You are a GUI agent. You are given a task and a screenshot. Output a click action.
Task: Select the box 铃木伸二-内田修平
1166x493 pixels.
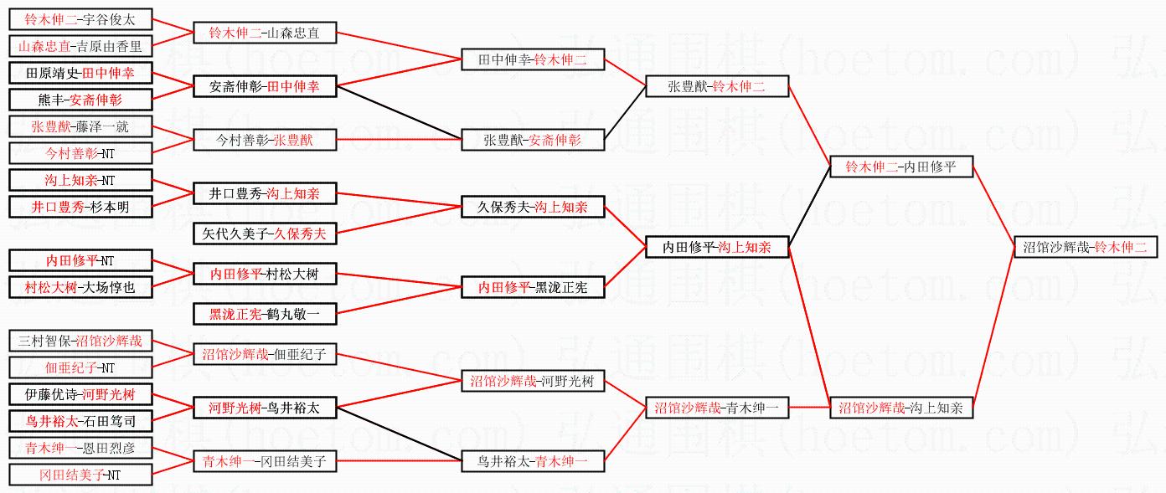coord(900,167)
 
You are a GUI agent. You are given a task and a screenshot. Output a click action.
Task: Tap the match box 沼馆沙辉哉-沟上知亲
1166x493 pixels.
coord(900,408)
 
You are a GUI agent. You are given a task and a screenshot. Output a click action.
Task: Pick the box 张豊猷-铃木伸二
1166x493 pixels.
coord(716,86)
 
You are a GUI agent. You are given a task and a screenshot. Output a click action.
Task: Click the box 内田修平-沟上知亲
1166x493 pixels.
coord(716,248)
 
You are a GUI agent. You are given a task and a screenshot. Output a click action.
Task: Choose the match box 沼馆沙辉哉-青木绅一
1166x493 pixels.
coord(716,408)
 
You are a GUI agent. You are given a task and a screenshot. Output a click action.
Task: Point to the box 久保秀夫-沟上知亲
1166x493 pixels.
coord(533,207)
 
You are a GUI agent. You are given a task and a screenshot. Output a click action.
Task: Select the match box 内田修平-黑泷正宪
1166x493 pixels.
coord(533,287)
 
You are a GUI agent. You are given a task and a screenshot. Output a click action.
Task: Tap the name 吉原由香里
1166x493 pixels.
coord(109,46)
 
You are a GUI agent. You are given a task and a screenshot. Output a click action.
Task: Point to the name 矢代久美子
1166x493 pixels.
coord(233,234)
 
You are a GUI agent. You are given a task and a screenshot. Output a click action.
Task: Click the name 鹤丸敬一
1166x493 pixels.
coord(288,315)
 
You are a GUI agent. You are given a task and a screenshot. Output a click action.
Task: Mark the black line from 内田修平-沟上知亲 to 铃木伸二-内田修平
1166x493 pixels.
coord(808,208)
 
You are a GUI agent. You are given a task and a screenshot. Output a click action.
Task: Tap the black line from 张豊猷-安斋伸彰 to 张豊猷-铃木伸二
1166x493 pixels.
coord(625,114)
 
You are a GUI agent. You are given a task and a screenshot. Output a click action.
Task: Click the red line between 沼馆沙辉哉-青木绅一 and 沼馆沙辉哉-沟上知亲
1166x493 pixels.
coord(808,408)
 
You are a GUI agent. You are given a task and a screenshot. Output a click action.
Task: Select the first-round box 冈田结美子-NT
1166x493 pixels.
coord(81,475)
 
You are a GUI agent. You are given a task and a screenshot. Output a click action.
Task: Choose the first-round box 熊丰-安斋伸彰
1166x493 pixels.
coord(81,100)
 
